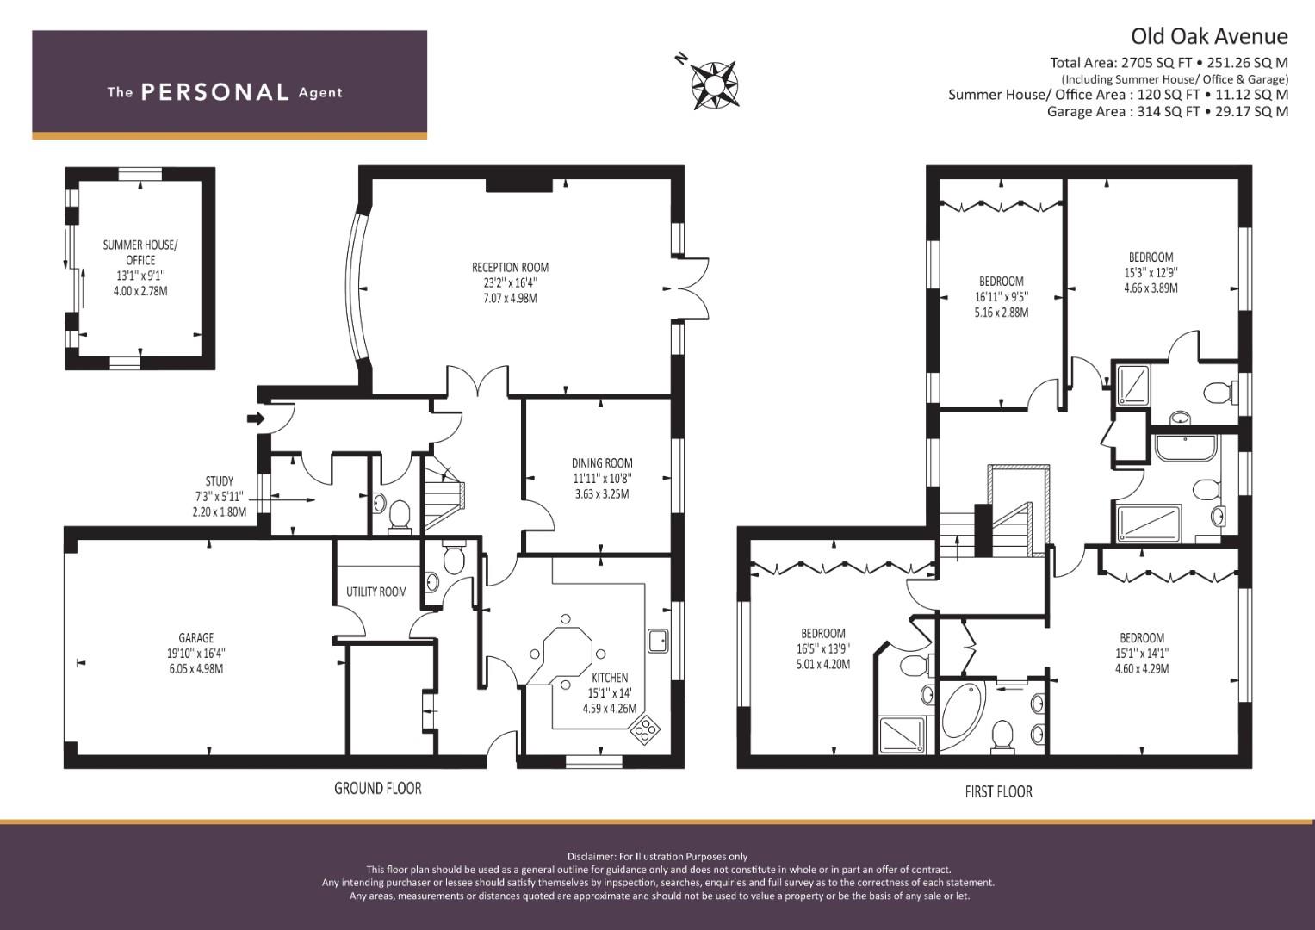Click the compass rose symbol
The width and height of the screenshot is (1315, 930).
tap(714, 84)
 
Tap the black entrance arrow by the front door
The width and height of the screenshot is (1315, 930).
tap(256, 418)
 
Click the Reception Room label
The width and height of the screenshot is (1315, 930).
tap(510, 282)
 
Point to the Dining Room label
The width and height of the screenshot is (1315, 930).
tap(602, 478)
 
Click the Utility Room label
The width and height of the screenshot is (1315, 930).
tap(376, 592)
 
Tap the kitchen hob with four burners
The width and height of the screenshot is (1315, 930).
tap(644, 729)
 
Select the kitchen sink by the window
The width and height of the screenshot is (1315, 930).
tap(659, 641)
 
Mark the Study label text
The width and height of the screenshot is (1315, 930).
tap(219, 496)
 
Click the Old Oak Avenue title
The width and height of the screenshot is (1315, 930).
tap(1209, 36)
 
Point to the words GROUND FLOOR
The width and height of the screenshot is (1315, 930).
tap(378, 788)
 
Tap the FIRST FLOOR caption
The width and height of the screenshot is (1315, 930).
tap(998, 791)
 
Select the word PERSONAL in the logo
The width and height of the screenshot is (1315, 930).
tap(214, 92)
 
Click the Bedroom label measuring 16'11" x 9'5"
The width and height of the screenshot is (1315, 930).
tap(1001, 296)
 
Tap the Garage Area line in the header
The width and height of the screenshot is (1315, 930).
tap(1167, 111)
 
